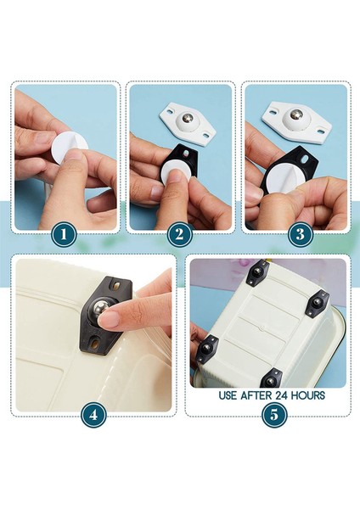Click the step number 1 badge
pos(64,234)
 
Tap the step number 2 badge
pos(180,234)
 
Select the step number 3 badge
pos(301,234)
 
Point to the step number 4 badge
pos(93,415)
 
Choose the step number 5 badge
pos(274,415)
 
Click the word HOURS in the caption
pos(308,395)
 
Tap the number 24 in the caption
pos(282,395)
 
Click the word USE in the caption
pos(228,395)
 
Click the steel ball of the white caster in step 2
pos(187,117)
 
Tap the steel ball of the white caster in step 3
pos(295,115)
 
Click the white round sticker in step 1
pos(70,150)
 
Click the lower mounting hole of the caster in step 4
pos(95,344)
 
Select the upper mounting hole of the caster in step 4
pos(116,286)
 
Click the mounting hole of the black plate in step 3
pos(306,159)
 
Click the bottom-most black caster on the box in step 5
pos(272,378)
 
